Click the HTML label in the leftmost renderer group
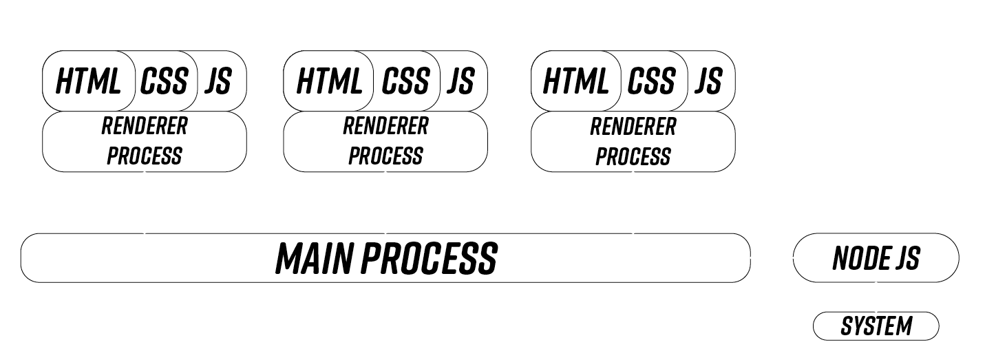coord(87,82)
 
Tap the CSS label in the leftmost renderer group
coord(164,82)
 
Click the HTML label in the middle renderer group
coord(328,82)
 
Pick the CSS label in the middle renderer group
coord(405,82)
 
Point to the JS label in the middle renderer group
coord(460,82)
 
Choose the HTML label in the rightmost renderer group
coord(575,82)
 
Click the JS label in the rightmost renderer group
coord(708,82)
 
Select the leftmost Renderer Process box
coord(144,141)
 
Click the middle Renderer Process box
coord(385,141)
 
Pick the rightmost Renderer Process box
coord(633,141)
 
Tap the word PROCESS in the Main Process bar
coord(429,258)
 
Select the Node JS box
coord(876,258)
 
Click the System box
coord(876,326)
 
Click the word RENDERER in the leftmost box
coord(144,127)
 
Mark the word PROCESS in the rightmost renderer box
coord(633,156)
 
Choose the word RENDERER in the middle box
coord(385,127)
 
